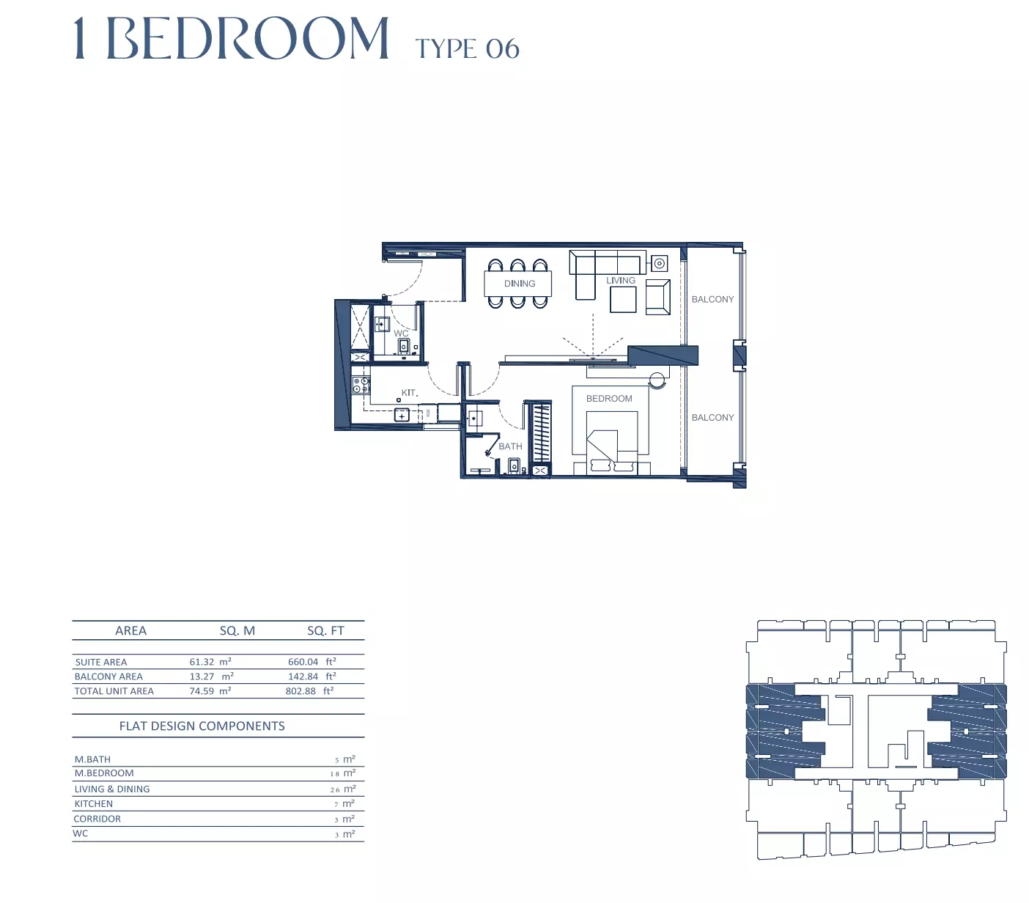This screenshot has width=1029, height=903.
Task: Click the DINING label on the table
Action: (519, 284)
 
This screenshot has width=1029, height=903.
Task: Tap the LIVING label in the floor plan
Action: (620, 280)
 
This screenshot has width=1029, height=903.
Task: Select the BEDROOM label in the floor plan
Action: (609, 399)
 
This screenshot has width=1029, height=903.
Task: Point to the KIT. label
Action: (410, 393)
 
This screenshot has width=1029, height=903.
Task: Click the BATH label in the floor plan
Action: (510, 446)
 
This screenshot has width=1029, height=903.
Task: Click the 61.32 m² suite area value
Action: (210, 662)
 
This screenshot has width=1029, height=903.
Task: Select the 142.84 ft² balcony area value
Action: (311, 677)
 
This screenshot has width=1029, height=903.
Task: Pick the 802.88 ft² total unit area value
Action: (309, 691)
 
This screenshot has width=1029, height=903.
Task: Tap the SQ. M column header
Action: (237, 631)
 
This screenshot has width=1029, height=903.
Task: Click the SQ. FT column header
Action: (325, 631)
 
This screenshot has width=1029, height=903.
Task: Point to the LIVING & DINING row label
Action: (112, 789)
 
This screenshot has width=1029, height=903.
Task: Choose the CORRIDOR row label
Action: (97, 819)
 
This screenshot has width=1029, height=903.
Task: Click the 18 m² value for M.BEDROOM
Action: (343, 773)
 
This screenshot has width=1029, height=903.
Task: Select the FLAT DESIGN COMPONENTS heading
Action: (202, 726)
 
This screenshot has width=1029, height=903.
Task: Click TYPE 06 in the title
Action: (468, 49)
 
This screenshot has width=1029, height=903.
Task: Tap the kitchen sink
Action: (402, 416)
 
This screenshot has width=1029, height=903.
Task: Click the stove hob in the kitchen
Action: (361, 385)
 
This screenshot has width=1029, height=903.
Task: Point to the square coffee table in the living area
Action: (623, 300)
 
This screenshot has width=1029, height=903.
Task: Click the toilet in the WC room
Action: (403, 346)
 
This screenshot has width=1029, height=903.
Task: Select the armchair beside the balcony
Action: (657, 297)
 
